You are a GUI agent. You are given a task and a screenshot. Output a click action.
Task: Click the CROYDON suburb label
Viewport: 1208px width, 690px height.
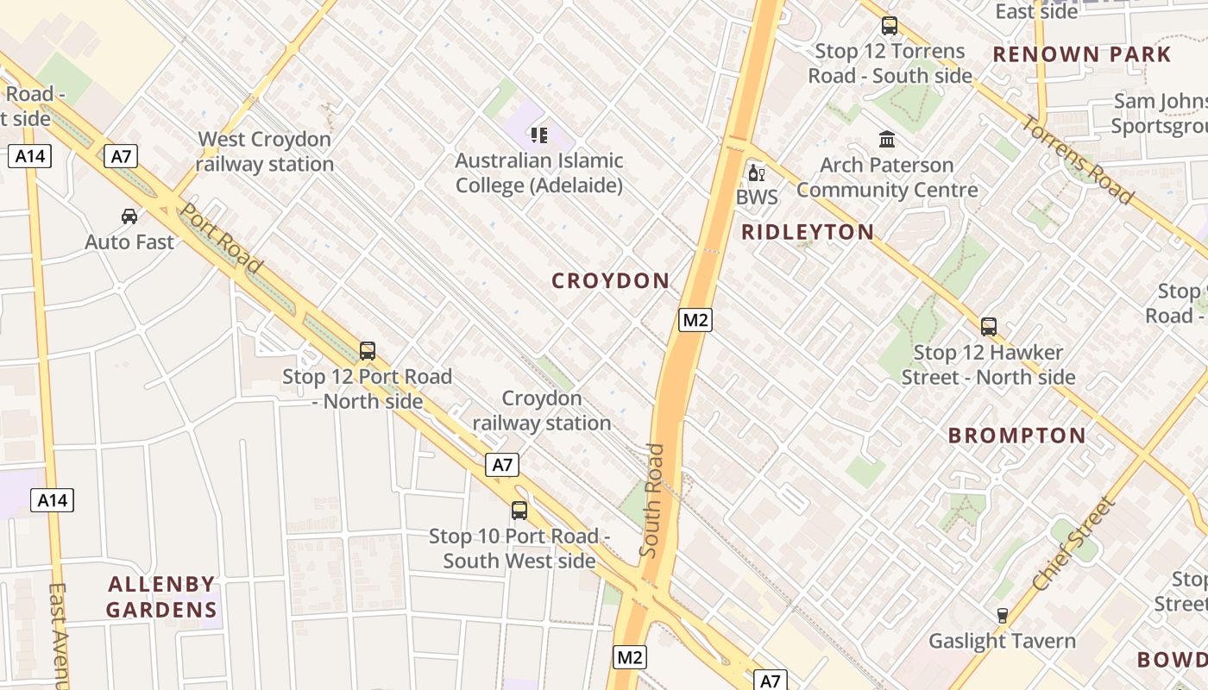(x=610, y=280)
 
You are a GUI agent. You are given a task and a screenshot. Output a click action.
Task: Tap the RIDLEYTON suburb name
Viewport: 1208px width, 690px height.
(x=808, y=232)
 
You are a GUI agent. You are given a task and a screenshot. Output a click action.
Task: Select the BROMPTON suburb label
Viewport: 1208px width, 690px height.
(x=1017, y=436)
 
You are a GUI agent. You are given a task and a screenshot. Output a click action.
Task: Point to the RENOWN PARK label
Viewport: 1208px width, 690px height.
(x=1082, y=54)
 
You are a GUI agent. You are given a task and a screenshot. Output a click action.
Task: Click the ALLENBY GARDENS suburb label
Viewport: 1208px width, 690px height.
(x=161, y=597)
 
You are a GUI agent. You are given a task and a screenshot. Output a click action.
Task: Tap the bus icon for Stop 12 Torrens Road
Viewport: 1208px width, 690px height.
(x=890, y=26)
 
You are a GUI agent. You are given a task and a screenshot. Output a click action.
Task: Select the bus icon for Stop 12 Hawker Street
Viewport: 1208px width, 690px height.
(x=989, y=327)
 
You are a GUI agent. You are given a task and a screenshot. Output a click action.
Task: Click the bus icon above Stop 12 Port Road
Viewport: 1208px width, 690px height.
(x=368, y=351)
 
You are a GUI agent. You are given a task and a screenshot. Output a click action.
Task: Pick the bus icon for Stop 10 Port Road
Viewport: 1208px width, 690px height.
(x=519, y=510)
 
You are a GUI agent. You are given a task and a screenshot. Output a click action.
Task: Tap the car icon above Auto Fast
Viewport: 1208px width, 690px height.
(x=129, y=216)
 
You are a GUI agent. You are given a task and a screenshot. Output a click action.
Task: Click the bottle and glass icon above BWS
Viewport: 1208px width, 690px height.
(x=757, y=172)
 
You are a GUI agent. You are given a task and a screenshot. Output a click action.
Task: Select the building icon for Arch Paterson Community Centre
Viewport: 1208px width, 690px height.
(x=886, y=139)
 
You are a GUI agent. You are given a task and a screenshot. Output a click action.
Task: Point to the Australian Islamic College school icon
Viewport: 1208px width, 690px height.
(x=539, y=135)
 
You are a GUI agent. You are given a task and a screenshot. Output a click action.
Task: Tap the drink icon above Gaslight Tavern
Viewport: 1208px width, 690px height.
(x=1002, y=616)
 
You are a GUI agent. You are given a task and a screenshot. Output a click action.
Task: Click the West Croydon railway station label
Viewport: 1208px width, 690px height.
(x=264, y=152)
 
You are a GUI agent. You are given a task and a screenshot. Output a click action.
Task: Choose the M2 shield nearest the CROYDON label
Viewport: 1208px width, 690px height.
(x=695, y=320)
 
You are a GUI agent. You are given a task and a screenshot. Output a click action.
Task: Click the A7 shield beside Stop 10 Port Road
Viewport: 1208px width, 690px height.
(x=503, y=465)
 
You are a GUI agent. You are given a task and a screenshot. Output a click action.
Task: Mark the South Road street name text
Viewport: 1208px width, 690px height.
(x=653, y=500)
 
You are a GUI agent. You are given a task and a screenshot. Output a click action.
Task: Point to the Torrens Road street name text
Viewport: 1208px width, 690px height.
(x=1078, y=160)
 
